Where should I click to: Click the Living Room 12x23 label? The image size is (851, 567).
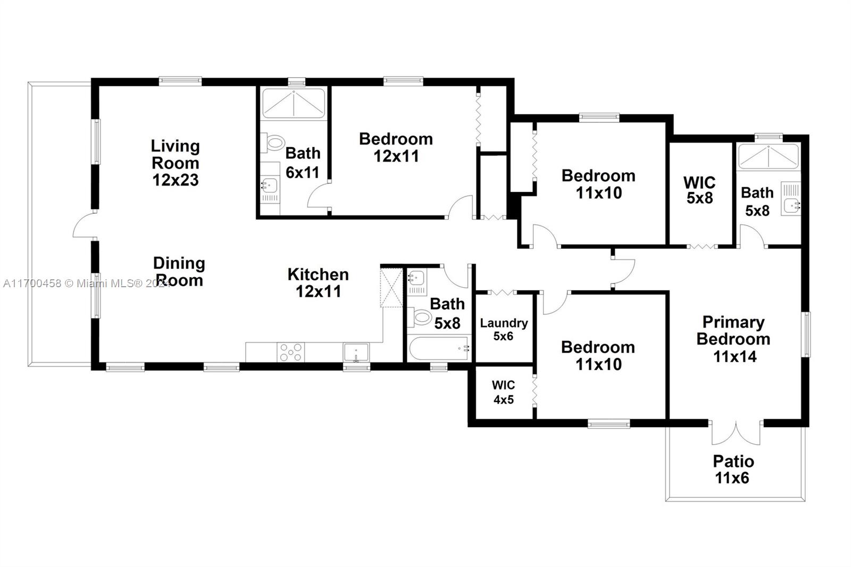pyautogui.click(x=175, y=163)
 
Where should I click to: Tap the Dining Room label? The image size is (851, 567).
pyautogui.click(x=179, y=272)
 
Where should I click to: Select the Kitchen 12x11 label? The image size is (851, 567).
pyautogui.click(x=318, y=283)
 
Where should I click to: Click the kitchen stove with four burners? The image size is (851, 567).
pyautogui.click(x=290, y=352)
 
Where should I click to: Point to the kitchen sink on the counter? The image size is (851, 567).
pyautogui.click(x=356, y=352)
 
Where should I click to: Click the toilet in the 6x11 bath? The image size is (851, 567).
pyautogui.click(x=273, y=143)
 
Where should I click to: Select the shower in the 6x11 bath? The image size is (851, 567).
pyautogui.click(x=294, y=104)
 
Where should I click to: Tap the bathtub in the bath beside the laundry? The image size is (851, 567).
pyautogui.click(x=439, y=348)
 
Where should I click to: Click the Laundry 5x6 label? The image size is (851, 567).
pyautogui.click(x=504, y=329)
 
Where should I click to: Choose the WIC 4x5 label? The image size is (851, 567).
pyautogui.click(x=503, y=392)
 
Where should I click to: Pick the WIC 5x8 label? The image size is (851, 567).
pyautogui.click(x=699, y=190)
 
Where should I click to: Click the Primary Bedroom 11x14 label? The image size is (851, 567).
pyautogui.click(x=733, y=339)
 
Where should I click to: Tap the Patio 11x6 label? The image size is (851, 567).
pyautogui.click(x=733, y=469)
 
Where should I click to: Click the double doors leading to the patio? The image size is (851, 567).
pyautogui.click(x=736, y=432)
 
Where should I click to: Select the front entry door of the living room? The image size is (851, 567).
pyautogui.click(x=85, y=225)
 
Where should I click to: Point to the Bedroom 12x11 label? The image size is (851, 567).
pyautogui.click(x=396, y=147)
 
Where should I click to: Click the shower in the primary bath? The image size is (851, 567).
pyautogui.click(x=768, y=156)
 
